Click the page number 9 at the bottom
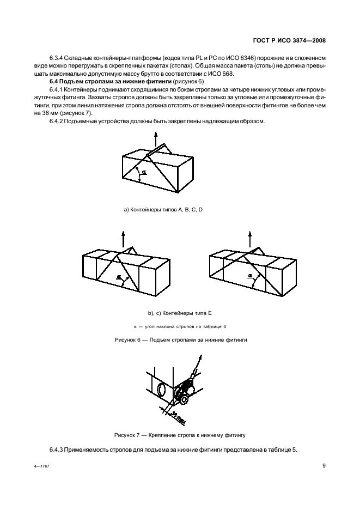click(324, 465)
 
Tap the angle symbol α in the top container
click(144, 173)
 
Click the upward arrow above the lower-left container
click(123, 238)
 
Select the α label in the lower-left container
click(119, 276)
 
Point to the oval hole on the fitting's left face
click(162, 391)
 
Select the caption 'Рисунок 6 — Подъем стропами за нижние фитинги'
click(180, 339)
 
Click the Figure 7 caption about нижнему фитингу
click(180, 435)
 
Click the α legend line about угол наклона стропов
click(180, 326)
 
